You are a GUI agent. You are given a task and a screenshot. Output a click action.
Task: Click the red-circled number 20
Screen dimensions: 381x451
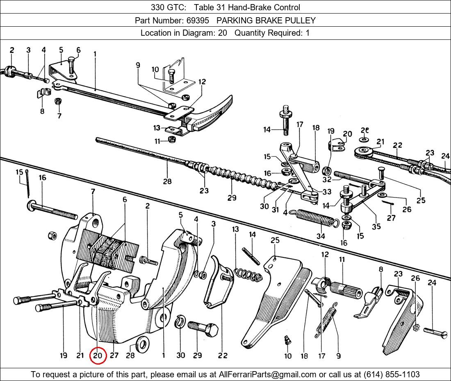pyautogui.click(x=98, y=356)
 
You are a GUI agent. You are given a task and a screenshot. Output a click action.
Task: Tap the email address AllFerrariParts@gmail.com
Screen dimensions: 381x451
pyautogui.click(x=268, y=374)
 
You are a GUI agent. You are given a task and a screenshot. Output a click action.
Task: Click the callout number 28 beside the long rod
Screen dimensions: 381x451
pyautogui.click(x=167, y=181)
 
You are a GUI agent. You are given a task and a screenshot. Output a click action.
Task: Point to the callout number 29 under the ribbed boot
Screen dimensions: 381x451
pyautogui.click(x=232, y=197)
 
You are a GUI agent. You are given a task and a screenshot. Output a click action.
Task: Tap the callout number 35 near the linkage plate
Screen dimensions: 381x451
pyautogui.click(x=376, y=226)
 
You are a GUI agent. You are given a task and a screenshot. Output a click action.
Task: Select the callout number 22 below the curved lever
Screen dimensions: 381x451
pyautogui.click(x=223, y=356)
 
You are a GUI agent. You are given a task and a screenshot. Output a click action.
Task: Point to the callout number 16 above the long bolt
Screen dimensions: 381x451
pyautogui.click(x=42, y=178)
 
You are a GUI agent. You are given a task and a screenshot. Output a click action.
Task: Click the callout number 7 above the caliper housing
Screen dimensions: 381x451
pyautogui.click(x=93, y=192)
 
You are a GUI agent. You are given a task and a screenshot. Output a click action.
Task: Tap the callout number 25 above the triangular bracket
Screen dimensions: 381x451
pyautogui.click(x=275, y=240)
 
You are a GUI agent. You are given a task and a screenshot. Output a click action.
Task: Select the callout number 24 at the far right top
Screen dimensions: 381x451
pyautogui.click(x=445, y=156)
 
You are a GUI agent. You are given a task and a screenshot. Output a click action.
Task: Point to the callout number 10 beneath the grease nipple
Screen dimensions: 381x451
pyautogui.click(x=288, y=356)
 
